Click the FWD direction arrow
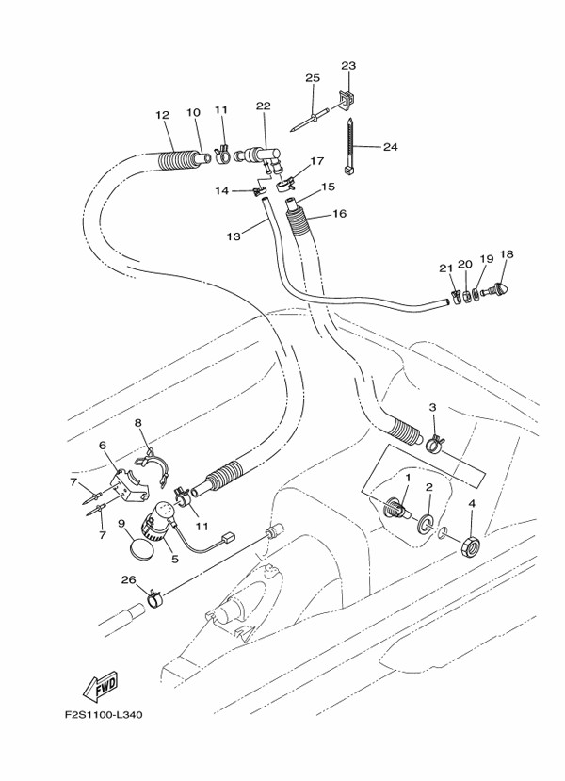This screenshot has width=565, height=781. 101,690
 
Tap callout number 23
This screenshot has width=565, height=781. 348,66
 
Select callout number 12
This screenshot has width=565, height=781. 162,115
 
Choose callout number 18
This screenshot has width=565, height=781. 507,254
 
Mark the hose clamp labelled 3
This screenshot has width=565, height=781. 434,442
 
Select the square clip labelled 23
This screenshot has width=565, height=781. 347,98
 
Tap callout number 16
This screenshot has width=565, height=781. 340,214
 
